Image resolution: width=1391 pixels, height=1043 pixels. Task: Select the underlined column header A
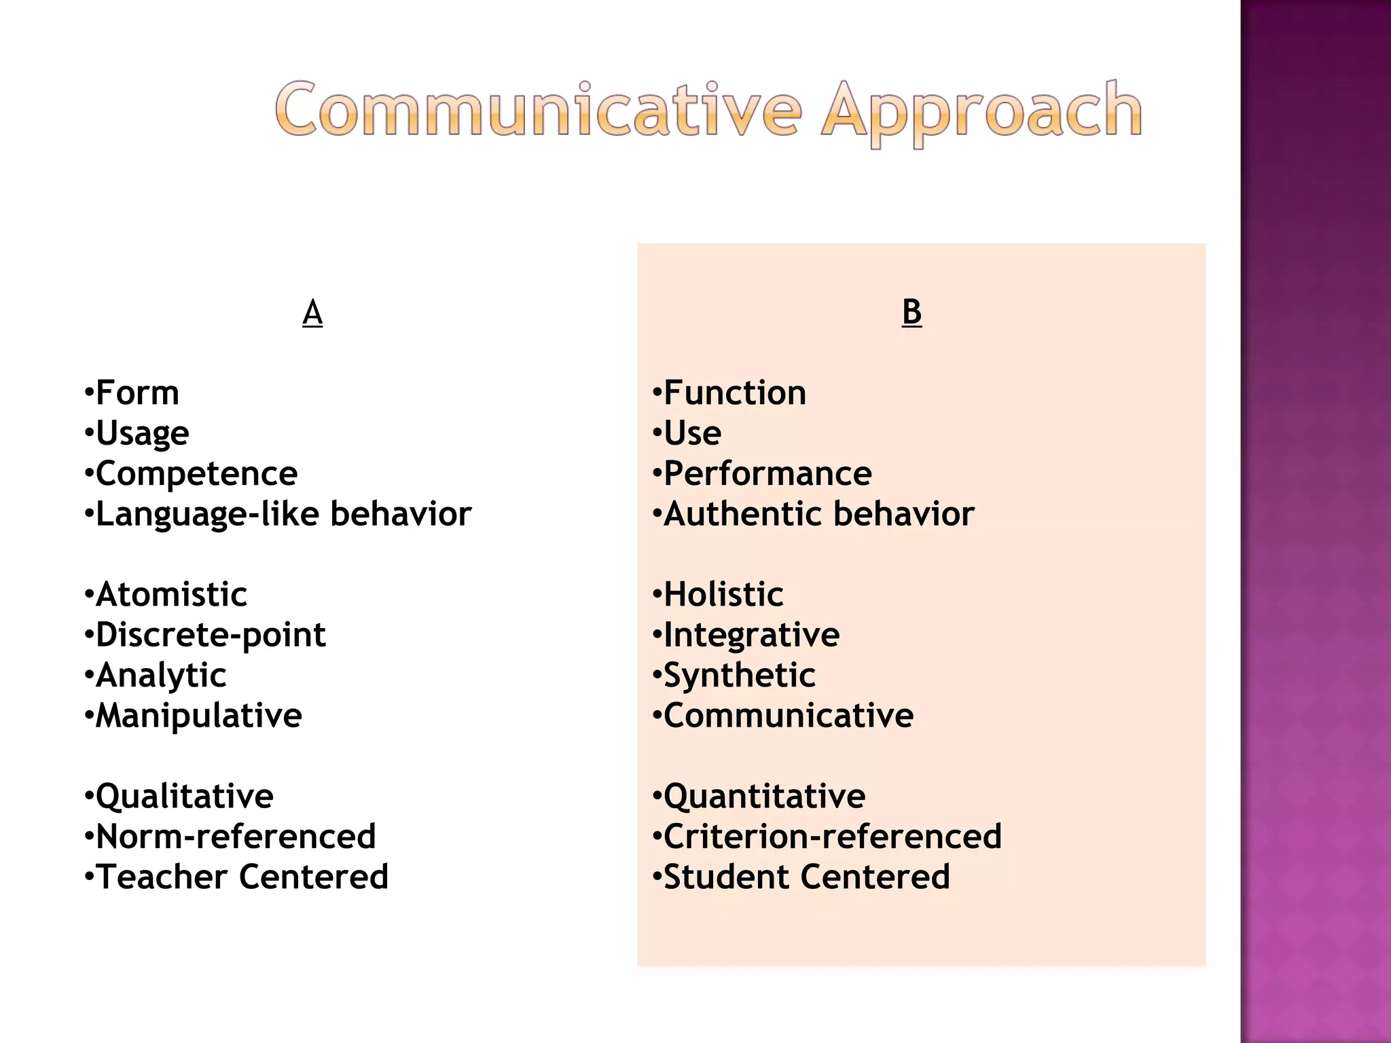tap(312, 313)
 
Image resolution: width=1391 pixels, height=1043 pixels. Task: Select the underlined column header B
tap(911, 312)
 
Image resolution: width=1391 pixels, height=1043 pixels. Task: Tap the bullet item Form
tap(137, 393)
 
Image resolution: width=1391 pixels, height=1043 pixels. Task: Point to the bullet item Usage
tap(142, 433)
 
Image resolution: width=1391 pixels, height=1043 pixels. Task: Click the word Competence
tap(196, 473)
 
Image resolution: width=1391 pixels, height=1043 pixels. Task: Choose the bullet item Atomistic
tap(171, 595)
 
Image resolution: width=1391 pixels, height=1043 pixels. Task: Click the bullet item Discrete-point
tap(211, 635)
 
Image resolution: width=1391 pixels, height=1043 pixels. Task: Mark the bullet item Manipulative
tap(198, 716)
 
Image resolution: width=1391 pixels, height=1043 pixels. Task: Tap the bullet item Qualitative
tap(184, 797)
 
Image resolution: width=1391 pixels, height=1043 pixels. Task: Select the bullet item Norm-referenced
tap(235, 837)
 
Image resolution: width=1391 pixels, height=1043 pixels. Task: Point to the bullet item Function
tap(735, 393)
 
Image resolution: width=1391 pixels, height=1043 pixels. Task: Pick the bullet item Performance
tap(767, 473)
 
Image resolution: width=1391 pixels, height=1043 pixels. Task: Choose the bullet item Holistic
tap(723, 595)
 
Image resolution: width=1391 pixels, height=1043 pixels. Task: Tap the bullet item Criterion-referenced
tap(832, 837)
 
